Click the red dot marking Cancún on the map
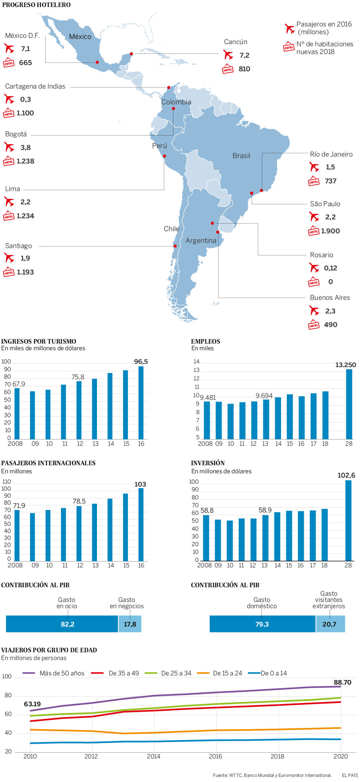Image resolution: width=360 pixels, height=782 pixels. click(x=132, y=54)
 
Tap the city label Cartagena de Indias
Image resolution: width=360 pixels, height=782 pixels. click(x=35, y=86)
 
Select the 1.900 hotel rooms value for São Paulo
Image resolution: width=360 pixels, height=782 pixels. click(x=330, y=231)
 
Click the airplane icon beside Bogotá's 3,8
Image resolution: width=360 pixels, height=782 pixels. click(x=9, y=147)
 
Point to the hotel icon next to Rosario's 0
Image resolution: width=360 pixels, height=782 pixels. click(x=314, y=282)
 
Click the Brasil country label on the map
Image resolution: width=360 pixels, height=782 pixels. click(x=241, y=156)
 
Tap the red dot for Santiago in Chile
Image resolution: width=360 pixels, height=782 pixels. click(x=175, y=246)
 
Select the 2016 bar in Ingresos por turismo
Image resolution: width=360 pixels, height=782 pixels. click(x=141, y=403)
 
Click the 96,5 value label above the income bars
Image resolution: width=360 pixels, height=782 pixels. click(x=141, y=362)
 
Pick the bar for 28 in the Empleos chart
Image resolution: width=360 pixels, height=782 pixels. click(x=349, y=404)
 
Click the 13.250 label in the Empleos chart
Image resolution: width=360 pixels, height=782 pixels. click(x=346, y=365)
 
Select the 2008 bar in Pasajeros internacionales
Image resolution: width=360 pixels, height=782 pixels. click(x=17, y=535)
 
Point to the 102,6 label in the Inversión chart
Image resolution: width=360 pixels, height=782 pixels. click(x=346, y=475)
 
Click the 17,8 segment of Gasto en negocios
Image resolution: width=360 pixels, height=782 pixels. click(x=130, y=624)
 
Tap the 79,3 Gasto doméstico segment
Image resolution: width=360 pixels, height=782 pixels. click(x=262, y=624)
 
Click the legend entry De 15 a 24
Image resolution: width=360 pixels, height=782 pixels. click(x=227, y=673)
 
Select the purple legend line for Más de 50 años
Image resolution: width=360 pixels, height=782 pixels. click(x=29, y=673)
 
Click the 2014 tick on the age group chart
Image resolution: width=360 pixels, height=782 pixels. click(x=154, y=756)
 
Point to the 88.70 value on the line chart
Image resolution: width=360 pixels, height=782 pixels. click(x=342, y=682)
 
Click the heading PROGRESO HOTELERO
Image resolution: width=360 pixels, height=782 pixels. click(x=36, y=5)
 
